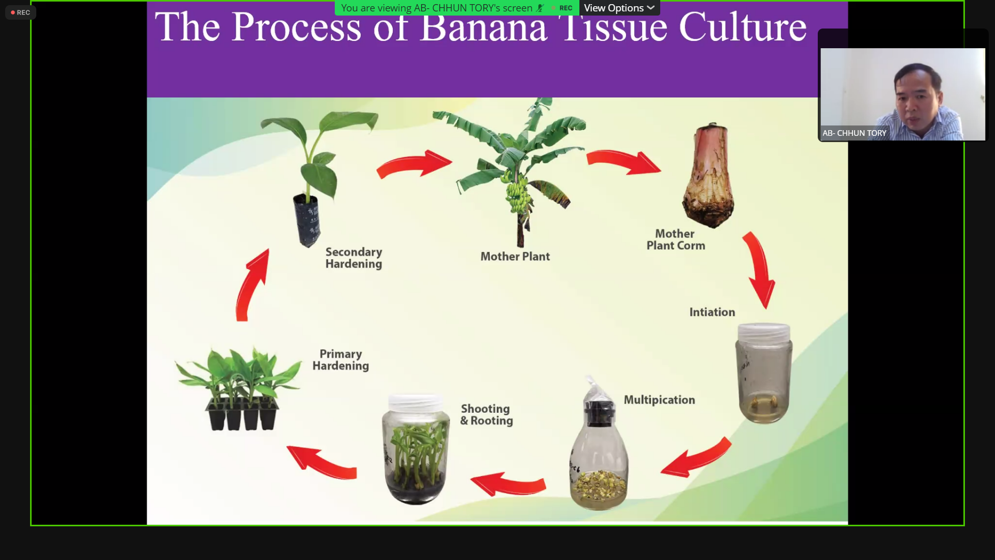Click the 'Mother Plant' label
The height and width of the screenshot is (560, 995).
tap(515, 256)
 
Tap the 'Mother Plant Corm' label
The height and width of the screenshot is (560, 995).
tap(676, 240)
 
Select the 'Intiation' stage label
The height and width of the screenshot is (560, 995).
tap(712, 312)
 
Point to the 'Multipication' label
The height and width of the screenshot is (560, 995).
tap(659, 400)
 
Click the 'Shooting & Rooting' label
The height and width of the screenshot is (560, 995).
tap(486, 415)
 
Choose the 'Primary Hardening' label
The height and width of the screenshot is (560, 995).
tap(340, 360)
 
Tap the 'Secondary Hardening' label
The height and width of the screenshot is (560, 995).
tap(353, 258)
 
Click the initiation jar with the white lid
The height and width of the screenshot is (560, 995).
tap(764, 372)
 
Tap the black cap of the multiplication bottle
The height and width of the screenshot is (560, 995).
tap(600, 412)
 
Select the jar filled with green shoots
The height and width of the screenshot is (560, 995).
tap(416, 449)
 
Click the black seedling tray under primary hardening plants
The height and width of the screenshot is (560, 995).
tap(242, 415)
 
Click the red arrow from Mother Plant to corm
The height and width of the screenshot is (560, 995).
tap(623, 162)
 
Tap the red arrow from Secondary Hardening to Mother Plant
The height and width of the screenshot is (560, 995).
tap(414, 164)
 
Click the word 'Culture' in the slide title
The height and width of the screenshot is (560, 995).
tap(743, 27)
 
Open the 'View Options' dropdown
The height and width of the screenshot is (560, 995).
tap(619, 8)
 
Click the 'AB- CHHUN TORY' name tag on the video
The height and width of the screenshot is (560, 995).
tap(854, 133)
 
